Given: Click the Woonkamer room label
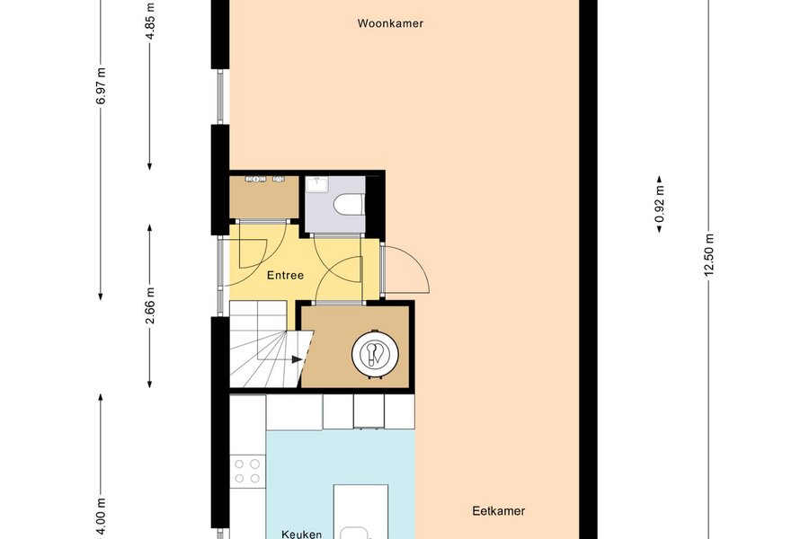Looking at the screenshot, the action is click(x=390, y=23).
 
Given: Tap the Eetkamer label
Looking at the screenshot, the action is click(x=498, y=510).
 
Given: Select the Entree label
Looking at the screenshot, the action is click(x=285, y=276).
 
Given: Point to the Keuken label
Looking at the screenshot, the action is click(x=302, y=535).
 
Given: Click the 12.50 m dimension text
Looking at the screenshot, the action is click(x=709, y=255).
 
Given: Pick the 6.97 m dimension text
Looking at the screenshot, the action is click(x=101, y=86).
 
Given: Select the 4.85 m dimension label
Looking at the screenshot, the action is click(x=149, y=22).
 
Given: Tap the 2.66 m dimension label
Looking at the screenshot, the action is click(x=149, y=305).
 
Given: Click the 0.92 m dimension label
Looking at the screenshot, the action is click(x=660, y=204).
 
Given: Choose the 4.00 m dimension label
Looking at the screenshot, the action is click(x=101, y=517).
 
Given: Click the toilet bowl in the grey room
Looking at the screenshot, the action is click(x=350, y=204).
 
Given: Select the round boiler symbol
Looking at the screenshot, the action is click(x=375, y=354).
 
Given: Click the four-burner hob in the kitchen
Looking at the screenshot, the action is click(x=247, y=471).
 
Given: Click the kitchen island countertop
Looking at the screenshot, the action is click(x=360, y=512).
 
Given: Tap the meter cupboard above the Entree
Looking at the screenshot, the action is click(x=264, y=197).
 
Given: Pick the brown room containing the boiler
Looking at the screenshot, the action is click(x=355, y=347).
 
